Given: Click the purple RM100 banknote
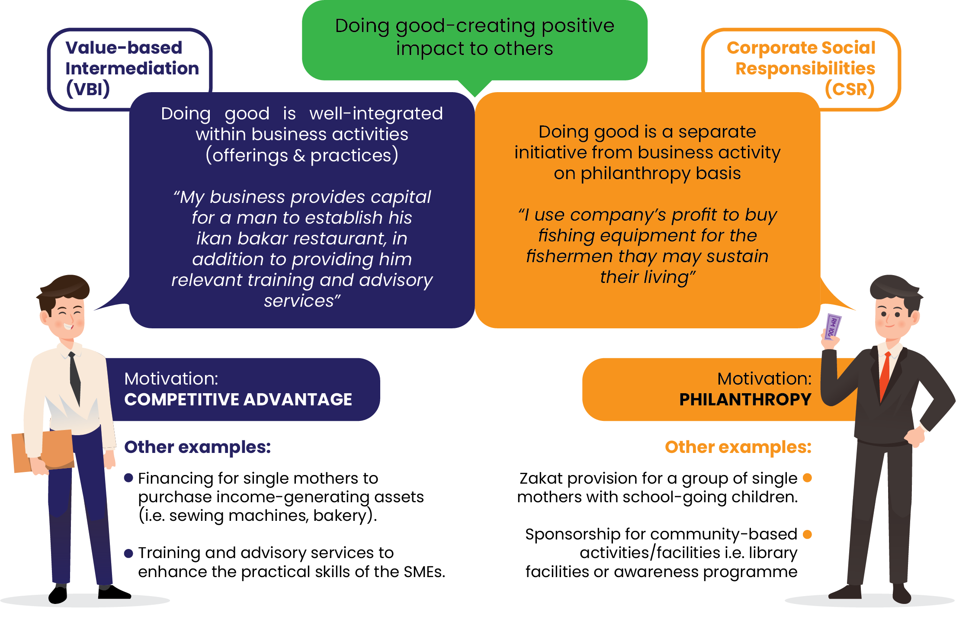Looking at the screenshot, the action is tap(832, 327).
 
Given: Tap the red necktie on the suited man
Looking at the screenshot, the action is tap(885, 376).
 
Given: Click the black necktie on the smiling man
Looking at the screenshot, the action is tap(75, 378).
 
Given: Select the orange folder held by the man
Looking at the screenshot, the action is tap(43, 451).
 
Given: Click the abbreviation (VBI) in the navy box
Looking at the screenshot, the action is tap(88, 89).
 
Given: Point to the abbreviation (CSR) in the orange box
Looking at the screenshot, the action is tap(850, 89).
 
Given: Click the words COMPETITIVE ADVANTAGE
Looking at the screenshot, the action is tap(238, 399).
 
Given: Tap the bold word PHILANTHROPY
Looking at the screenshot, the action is tap(745, 399).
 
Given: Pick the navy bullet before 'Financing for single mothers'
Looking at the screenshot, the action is tap(128, 478).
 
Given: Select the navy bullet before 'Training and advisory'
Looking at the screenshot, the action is tap(128, 553).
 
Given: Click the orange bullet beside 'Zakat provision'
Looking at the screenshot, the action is tap(807, 478).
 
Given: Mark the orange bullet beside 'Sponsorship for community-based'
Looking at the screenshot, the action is tap(807, 534).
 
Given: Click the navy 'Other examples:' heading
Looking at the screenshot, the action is tap(198, 447).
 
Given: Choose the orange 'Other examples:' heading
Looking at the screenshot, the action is tap(738, 447).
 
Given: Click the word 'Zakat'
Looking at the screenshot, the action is tap(541, 478).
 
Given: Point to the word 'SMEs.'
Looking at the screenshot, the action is tap(424, 572).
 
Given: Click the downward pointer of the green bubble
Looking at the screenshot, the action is tap(475, 89).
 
